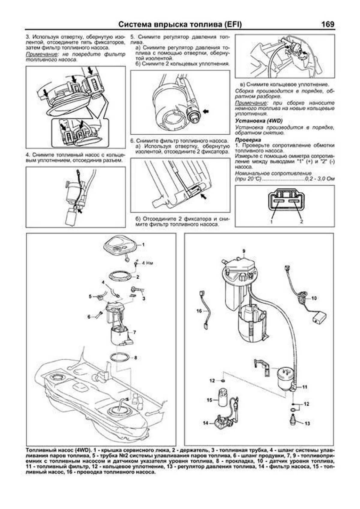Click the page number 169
coord(328,24)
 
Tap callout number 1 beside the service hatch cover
coord(143,244)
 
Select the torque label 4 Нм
coord(147,263)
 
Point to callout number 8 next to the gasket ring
coord(136,358)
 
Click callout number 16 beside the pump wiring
coord(199,311)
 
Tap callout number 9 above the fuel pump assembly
coord(244,250)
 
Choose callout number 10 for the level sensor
coord(314,298)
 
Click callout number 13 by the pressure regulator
coord(307,423)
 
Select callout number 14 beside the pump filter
coord(205,423)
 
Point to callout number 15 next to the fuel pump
coord(209,400)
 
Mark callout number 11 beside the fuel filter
coord(304,387)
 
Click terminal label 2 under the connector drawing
coord(301,222)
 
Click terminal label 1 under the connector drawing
coord(271,222)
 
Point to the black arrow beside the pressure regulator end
coord(205,112)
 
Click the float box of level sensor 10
coord(319,317)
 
